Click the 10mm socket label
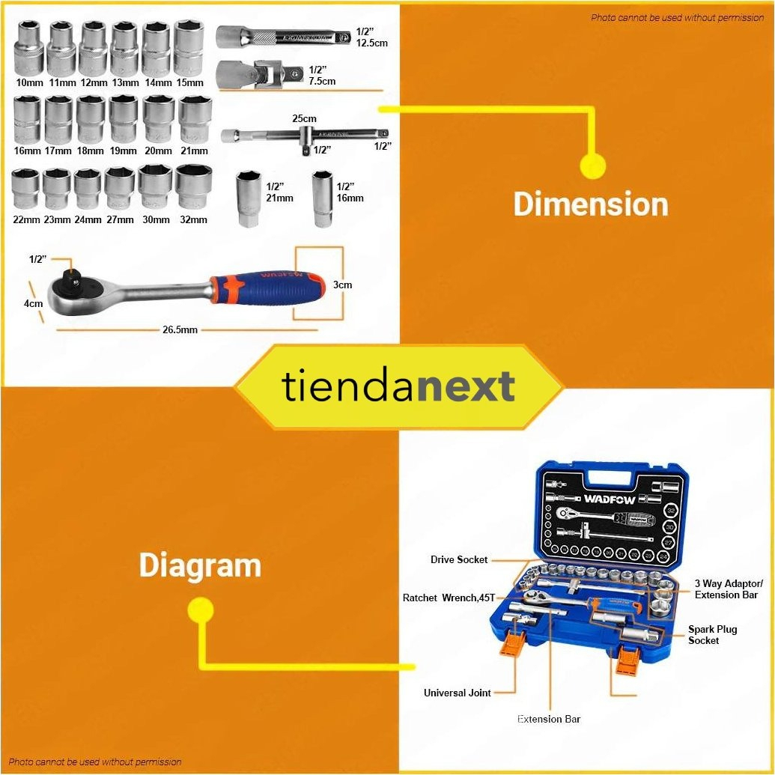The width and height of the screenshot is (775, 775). pos(29,82)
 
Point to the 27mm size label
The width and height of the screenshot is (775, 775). pos(120,220)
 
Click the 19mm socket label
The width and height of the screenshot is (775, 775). pos(123,151)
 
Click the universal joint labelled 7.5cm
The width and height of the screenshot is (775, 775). pos(259,75)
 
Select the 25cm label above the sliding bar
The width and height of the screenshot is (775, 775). pos(305,118)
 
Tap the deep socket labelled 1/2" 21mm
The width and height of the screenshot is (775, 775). pos(247,198)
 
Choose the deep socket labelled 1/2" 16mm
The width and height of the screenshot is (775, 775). pos(323,198)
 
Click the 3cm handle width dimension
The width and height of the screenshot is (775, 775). pos(343,285)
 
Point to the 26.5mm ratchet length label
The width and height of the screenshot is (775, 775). pos(180,329)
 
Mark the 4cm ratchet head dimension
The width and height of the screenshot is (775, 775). pos(32,304)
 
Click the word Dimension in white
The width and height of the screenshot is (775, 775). pos(591,204)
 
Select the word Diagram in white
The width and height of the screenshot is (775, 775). pos(200,565)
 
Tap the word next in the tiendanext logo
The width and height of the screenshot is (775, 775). pos(466,386)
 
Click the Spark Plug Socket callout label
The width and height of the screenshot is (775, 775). pos(712,635)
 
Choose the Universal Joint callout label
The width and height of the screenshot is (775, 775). pos(458,693)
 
